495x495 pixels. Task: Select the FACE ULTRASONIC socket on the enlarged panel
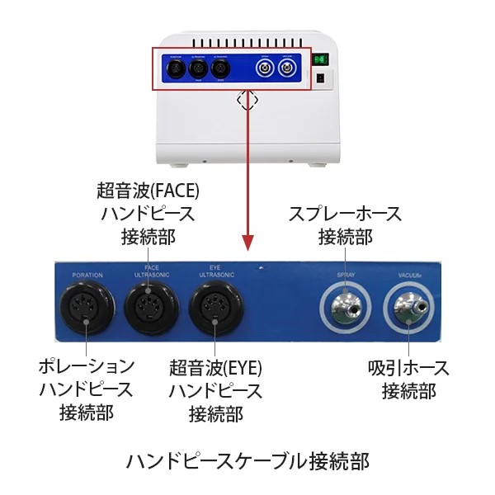click(151, 307)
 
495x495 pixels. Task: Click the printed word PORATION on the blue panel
click(87, 274)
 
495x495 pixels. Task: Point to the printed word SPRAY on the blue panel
click(345, 273)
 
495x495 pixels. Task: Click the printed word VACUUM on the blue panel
click(410, 273)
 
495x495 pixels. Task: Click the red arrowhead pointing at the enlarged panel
click(247, 244)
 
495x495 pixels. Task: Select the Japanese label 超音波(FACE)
click(148, 191)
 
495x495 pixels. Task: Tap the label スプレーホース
click(345, 214)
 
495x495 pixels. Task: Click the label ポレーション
click(86, 365)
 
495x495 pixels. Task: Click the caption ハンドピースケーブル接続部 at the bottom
click(247, 459)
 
